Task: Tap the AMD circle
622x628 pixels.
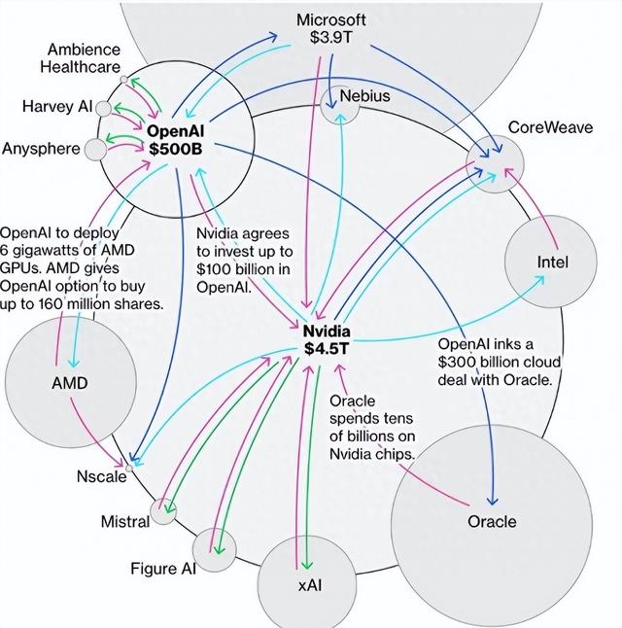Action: (x=69, y=382)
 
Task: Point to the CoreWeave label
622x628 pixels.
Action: (x=544, y=128)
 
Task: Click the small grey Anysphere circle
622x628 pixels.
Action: (x=95, y=150)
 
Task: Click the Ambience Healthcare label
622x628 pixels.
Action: (x=84, y=58)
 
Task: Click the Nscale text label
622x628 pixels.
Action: (x=101, y=476)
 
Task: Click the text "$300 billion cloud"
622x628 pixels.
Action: (x=496, y=362)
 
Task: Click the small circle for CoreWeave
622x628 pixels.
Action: (x=493, y=156)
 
